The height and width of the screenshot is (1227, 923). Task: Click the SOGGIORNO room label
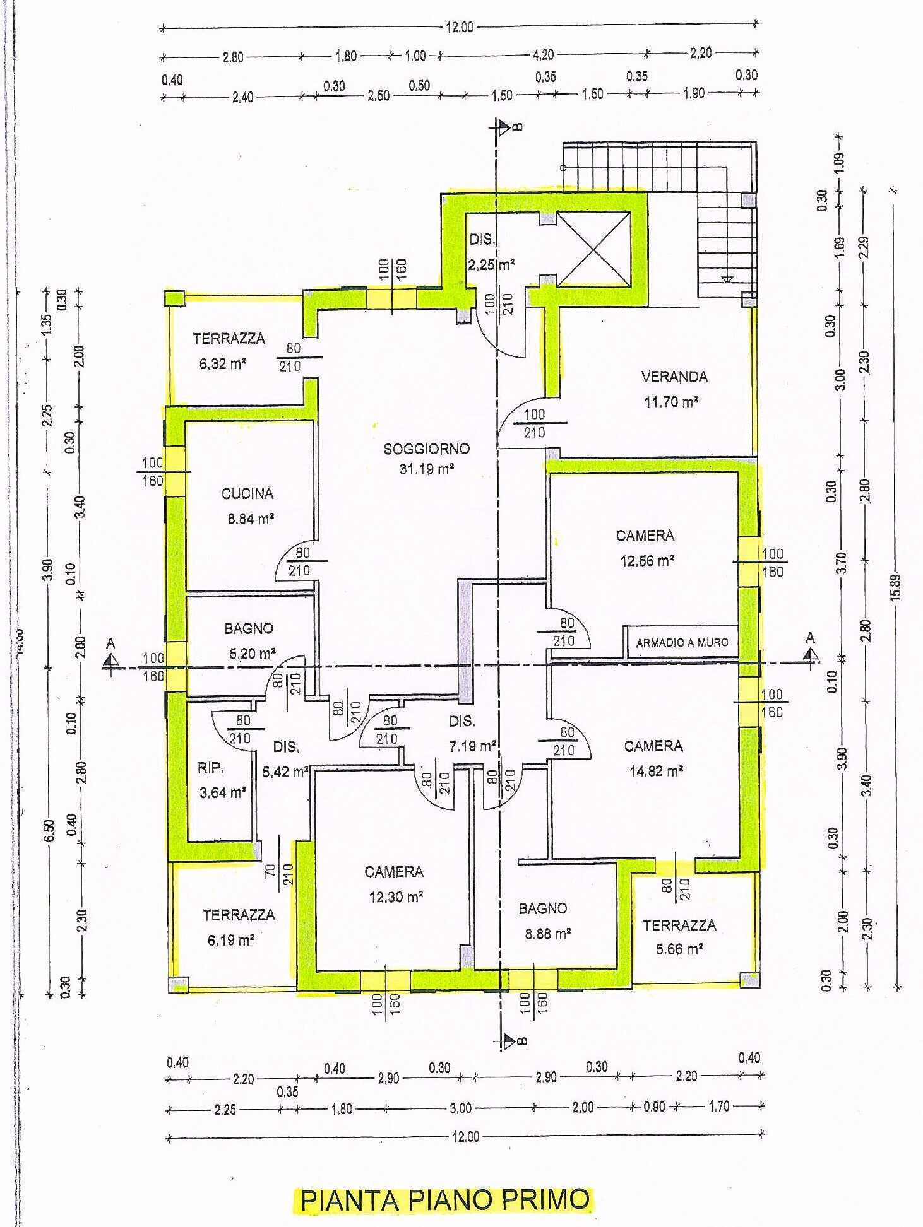[x=427, y=449]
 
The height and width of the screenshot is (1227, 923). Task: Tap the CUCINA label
[x=247, y=493]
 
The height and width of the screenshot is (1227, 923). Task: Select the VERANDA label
[x=674, y=377]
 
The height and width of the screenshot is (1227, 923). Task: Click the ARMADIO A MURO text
[x=682, y=642]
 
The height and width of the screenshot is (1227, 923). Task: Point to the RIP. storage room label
[x=210, y=768]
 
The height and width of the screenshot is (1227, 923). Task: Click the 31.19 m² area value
[x=427, y=469]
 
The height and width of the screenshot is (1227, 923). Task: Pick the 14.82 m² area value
[x=657, y=771]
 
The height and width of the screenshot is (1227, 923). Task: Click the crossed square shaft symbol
[x=593, y=249]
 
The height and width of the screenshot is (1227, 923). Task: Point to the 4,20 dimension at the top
[x=543, y=55]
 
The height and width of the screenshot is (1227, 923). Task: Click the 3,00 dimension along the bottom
[x=460, y=1108]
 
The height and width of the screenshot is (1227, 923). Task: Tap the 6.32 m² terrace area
[x=222, y=363]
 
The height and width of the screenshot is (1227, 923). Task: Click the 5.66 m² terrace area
[x=679, y=949]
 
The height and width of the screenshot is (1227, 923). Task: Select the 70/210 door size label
[x=278, y=873]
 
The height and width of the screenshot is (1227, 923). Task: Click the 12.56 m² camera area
[x=647, y=560]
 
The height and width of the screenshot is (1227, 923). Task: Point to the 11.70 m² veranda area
[x=671, y=401]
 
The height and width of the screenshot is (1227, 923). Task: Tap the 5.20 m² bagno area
[x=253, y=653]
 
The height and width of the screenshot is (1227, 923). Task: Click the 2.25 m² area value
[x=491, y=264]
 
